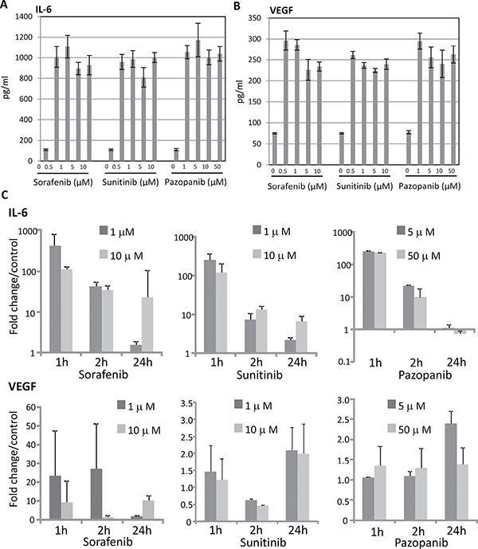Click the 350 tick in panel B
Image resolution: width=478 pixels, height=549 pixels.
click(x=261, y=16)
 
